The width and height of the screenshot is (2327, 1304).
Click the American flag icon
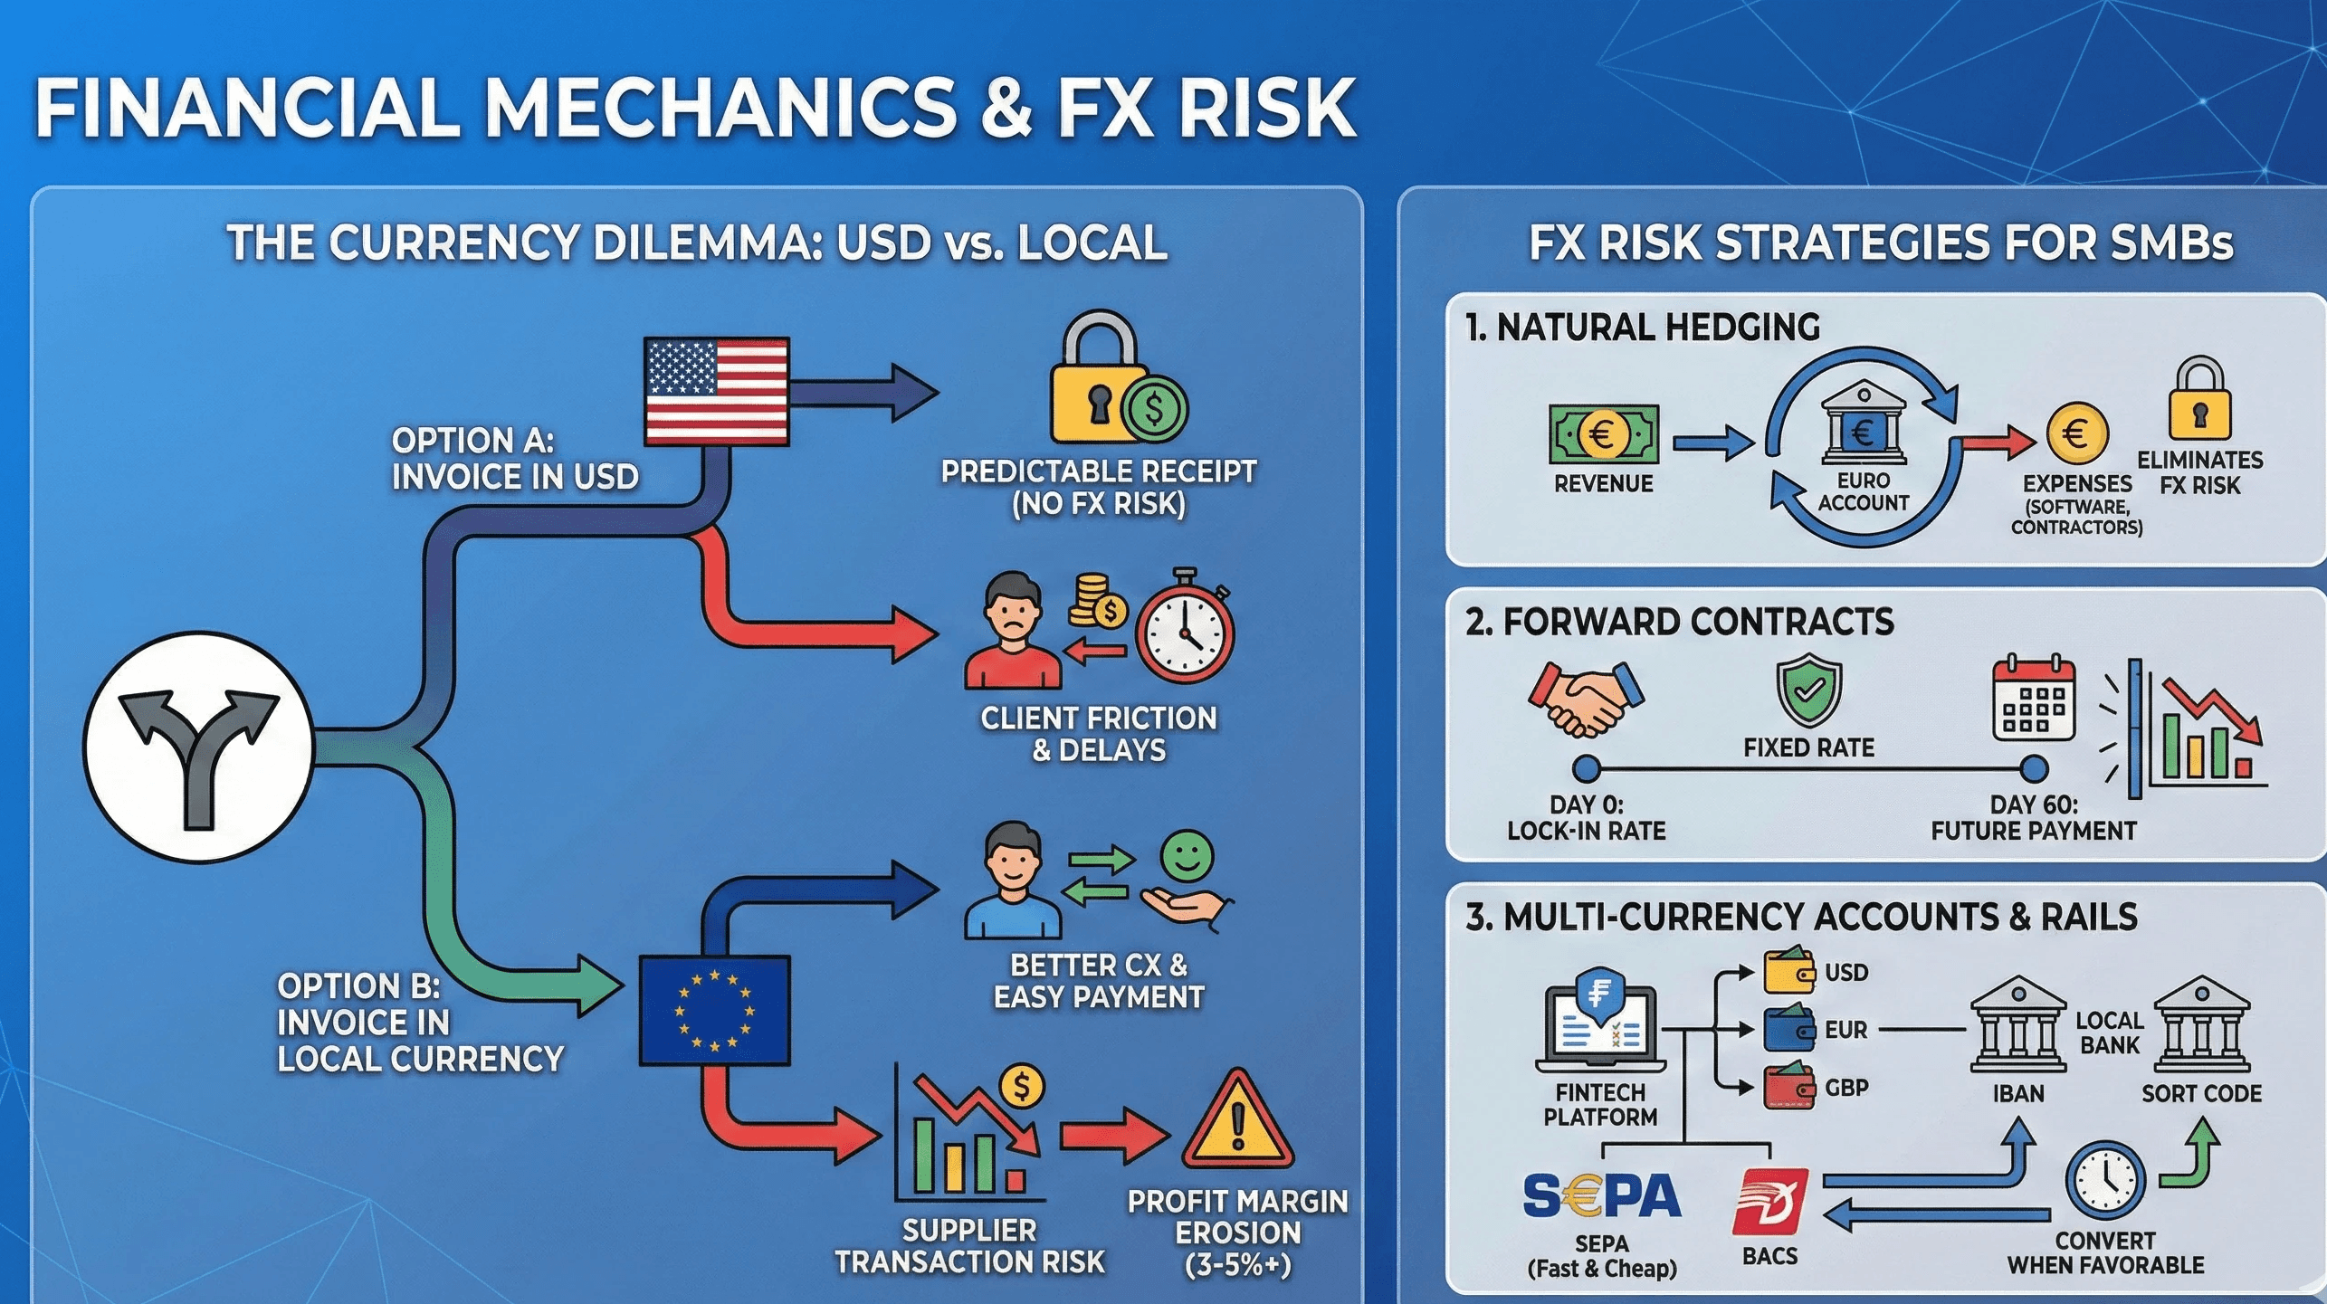pyautogui.click(x=716, y=391)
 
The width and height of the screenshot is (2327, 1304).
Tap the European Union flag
pyautogui.click(x=714, y=1010)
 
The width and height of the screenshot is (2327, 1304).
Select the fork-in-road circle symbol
pyautogui.click(x=199, y=747)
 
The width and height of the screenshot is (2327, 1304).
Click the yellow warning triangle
pyautogui.click(x=1237, y=1122)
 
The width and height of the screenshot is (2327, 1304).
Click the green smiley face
pyautogui.click(x=1187, y=856)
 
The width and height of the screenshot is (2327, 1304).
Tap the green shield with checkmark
pyautogui.click(x=1808, y=690)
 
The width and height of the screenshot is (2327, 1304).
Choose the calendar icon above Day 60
pyautogui.click(x=2033, y=700)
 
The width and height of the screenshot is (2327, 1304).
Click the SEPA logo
pyautogui.click(x=1601, y=1196)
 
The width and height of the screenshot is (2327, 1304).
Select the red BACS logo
pyautogui.click(x=1769, y=1202)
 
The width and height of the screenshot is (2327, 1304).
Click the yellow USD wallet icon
pyautogui.click(x=1788, y=971)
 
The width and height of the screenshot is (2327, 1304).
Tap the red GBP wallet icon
pyautogui.click(x=1788, y=1087)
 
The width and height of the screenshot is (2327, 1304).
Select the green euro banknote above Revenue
pyautogui.click(x=1603, y=435)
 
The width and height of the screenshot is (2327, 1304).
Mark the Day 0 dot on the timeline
pyautogui.click(x=1586, y=769)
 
